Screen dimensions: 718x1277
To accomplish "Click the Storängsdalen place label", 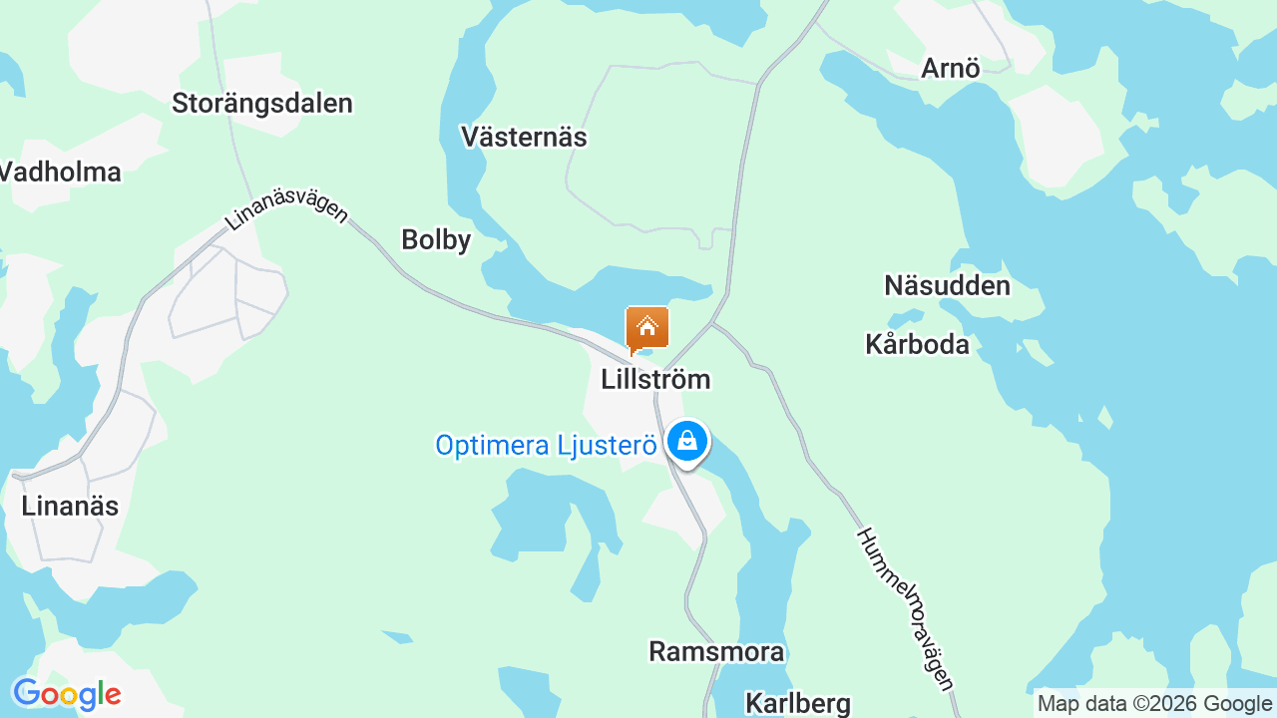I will (262, 103).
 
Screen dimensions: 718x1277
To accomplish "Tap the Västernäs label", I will (524, 137).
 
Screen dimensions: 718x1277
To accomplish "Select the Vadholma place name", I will (60, 172).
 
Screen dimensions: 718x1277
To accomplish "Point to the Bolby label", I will (436, 239).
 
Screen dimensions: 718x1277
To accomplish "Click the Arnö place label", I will (951, 68).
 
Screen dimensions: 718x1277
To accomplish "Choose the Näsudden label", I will (947, 286).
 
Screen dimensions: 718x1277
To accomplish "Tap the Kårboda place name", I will (917, 344).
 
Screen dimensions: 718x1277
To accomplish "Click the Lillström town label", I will (655, 379).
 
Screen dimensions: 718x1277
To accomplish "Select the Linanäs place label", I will (70, 506).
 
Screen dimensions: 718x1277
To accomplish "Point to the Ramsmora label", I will (716, 651).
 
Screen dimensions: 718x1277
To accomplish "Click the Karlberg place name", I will (798, 703).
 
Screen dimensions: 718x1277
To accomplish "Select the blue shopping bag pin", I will (686, 441).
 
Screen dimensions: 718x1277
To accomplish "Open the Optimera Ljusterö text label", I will (547, 445).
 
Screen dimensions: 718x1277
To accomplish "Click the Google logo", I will (67, 694).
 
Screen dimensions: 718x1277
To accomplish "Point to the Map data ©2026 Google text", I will (1155, 704).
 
